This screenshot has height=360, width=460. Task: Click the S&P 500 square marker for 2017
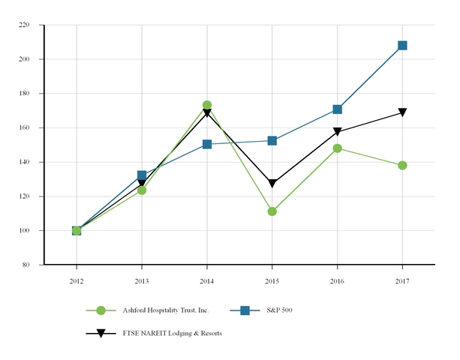(x=402, y=46)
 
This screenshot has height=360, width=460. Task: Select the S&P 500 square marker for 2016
(x=337, y=109)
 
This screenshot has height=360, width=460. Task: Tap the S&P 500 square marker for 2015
(x=272, y=141)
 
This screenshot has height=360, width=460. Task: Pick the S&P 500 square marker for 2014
(x=206, y=144)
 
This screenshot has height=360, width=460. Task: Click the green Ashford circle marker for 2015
(x=272, y=211)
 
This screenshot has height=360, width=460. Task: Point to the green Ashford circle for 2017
(x=402, y=165)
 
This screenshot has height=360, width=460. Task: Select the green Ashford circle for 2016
(x=337, y=148)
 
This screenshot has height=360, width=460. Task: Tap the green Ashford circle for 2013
(x=141, y=190)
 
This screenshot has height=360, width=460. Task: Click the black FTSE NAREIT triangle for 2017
(x=402, y=112)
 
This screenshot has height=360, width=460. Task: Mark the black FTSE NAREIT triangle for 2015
(x=272, y=184)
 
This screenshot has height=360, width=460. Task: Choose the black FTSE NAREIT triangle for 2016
(x=337, y=132)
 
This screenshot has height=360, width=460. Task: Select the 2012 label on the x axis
(x=76, y=280)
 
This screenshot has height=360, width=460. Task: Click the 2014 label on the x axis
(x=206, y=280)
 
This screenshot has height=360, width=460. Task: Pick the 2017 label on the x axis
(x=402, y=280)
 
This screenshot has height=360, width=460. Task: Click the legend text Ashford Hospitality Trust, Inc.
(x=165, y=310)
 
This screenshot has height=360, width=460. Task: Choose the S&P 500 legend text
(x=279, y=310)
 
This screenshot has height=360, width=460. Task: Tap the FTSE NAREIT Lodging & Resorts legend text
(x=172, y=333)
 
